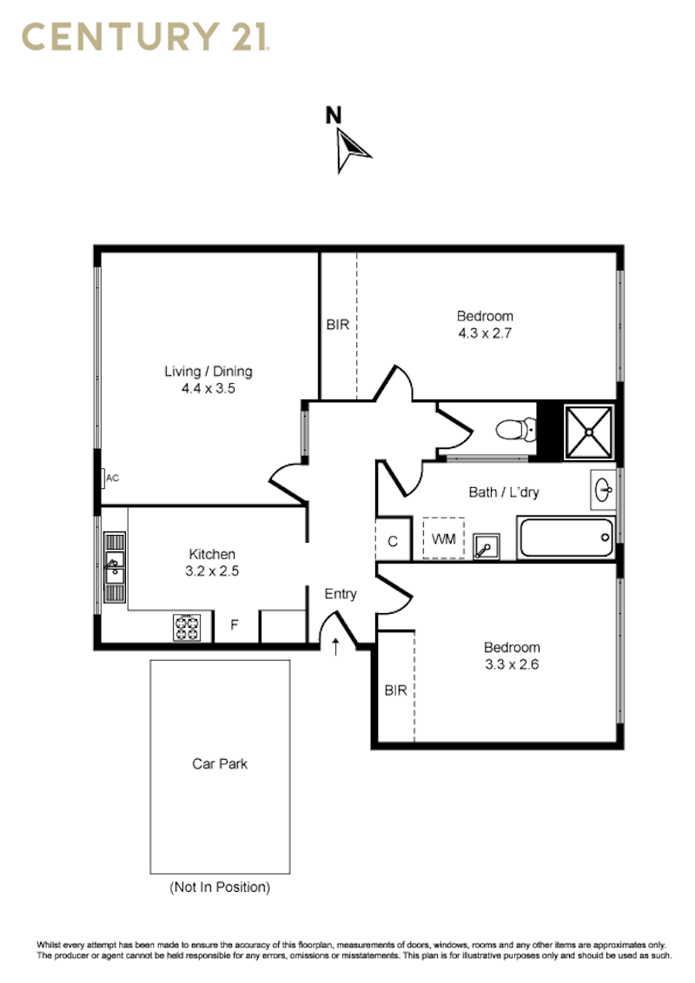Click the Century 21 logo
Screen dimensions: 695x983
coord(146,36)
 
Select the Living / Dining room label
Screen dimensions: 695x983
coord(208,371)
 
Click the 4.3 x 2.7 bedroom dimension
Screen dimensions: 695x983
coord(485,333)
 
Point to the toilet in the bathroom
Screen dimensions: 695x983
coord(516,430)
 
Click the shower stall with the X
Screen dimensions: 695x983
coord(588,432)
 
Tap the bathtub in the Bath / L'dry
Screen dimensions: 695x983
coord(566,538)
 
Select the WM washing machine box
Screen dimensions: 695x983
coord(443,538)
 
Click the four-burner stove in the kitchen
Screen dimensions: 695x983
coord(187,628)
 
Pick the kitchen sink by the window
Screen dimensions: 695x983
coord(114,567)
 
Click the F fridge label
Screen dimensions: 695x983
coord(235,625)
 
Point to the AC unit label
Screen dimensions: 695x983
coord(112,478)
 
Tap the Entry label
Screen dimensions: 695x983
coord(341,594)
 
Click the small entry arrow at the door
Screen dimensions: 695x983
coord(335,646)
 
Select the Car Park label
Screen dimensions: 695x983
coord(220,763)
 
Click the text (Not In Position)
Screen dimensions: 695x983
coord(220,887)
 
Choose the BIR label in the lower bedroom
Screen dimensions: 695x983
coord(396,690)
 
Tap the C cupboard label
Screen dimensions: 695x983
coord(393,542)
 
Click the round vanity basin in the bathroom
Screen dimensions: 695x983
coord(604,490)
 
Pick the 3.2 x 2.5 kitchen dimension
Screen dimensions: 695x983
coord(212,571)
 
